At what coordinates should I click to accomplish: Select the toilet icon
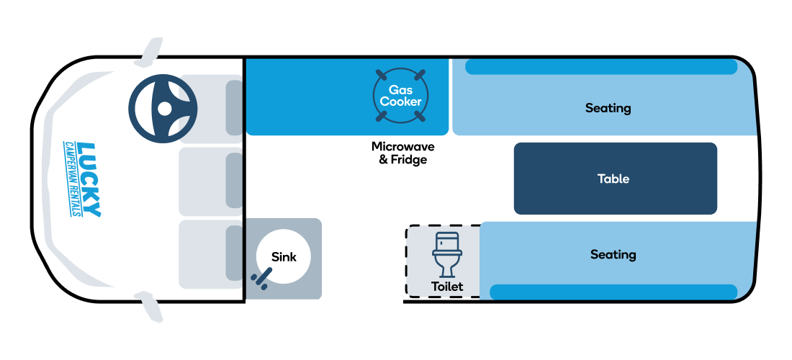[x=447, y=254]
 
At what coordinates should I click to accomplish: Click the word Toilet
[x=447, y=287]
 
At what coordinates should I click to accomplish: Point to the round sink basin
[x=284, y=256]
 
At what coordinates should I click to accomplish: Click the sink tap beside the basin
[x=261, y=279]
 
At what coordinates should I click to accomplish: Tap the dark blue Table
[x=615, y=179]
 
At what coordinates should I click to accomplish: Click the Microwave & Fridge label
[x=402, y=153]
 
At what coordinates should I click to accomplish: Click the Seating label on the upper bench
[x=608, y=108]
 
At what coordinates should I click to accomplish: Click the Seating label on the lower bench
[x=613, y=254]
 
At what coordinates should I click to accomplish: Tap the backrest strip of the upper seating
[x=601, y=67]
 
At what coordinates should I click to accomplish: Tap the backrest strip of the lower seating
[x=613, y=292]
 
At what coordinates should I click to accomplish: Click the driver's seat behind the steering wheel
[x=211, y=109]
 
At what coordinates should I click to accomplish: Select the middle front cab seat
[x=211, y=181]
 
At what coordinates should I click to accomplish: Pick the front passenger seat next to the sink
[x=211, y=254]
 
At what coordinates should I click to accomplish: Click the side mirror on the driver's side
[x=150, y=52]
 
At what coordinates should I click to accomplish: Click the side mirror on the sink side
[x=150, y=307]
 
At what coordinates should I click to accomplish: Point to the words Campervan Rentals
[x=71, y=179]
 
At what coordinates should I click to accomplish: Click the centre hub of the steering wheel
[x=164, y=109]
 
